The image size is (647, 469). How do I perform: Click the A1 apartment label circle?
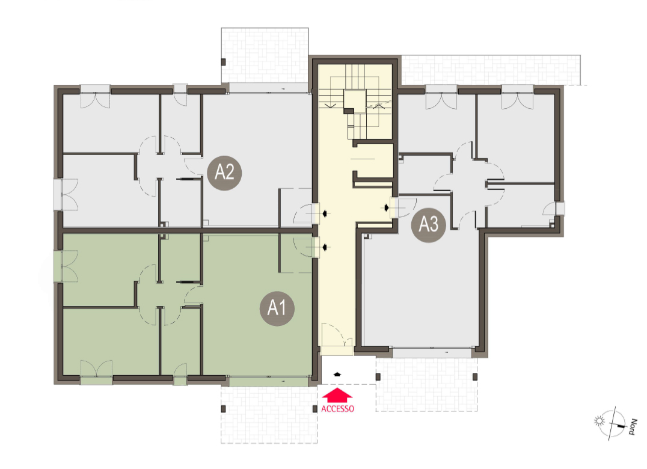tap(277, 308)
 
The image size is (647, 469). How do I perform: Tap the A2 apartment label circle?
tap(224, 173)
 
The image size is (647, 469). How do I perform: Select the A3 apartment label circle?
tap(429, 225)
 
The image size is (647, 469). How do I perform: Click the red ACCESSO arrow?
tap(337, 395)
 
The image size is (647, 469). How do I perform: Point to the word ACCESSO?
tap(337, 409)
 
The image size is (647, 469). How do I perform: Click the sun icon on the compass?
tap(599, 421)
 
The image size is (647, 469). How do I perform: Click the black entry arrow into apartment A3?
tap(386, 207)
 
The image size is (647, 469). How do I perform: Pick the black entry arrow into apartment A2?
tap(326, 213)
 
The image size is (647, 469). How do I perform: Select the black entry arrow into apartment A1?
tap(326, 248)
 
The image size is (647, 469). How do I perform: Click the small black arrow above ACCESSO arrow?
tap(337, 374)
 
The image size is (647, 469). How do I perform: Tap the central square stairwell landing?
tap(355, 100)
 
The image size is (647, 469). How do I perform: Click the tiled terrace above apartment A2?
tap(265, 55)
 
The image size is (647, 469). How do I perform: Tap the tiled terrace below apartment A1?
tap(269, 414)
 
